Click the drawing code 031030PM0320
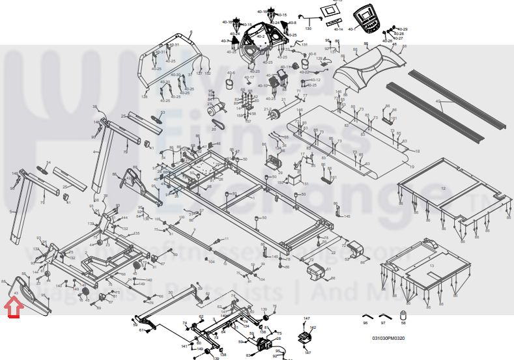pyautogui.click(x=388, y=338)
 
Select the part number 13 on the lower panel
pyautogui.click(x=431, y=266)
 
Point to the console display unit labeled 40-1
pyautogui.click(x=369, y=20)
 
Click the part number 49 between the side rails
pyautogui.click(x=438, y=102)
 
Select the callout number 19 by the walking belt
pyautogui.click(x=412, y=167)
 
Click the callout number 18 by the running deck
pyautogui.click(x=418, y=151)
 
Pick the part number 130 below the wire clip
pyautogui.click(x=309, y=29)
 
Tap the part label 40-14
pyautogui.click(x=338, y=29)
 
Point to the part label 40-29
pyautogui.click(x=403, y=29)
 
